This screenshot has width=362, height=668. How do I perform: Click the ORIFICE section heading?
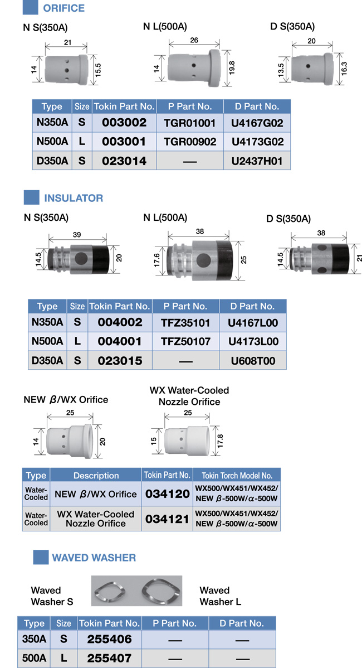64,8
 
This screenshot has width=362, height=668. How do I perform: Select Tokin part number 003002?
124,123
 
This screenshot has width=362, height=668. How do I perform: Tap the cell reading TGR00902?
190,142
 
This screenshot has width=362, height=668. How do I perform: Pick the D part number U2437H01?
257,161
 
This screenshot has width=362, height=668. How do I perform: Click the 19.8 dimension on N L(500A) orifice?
232,67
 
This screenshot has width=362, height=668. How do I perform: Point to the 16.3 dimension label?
344,67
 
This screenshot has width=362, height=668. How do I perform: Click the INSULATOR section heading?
74,198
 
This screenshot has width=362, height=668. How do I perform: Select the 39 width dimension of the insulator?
77,235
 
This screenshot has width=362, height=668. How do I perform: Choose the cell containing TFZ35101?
186,322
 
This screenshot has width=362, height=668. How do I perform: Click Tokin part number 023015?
120,361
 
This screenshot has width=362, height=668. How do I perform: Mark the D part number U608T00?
253,361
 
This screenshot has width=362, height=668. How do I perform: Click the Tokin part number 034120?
167,494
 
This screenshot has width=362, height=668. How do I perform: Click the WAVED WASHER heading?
94,557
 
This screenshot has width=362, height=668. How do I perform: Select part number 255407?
109,658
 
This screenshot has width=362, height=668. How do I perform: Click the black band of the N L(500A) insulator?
224,261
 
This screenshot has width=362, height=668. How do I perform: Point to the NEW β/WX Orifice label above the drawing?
66,400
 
